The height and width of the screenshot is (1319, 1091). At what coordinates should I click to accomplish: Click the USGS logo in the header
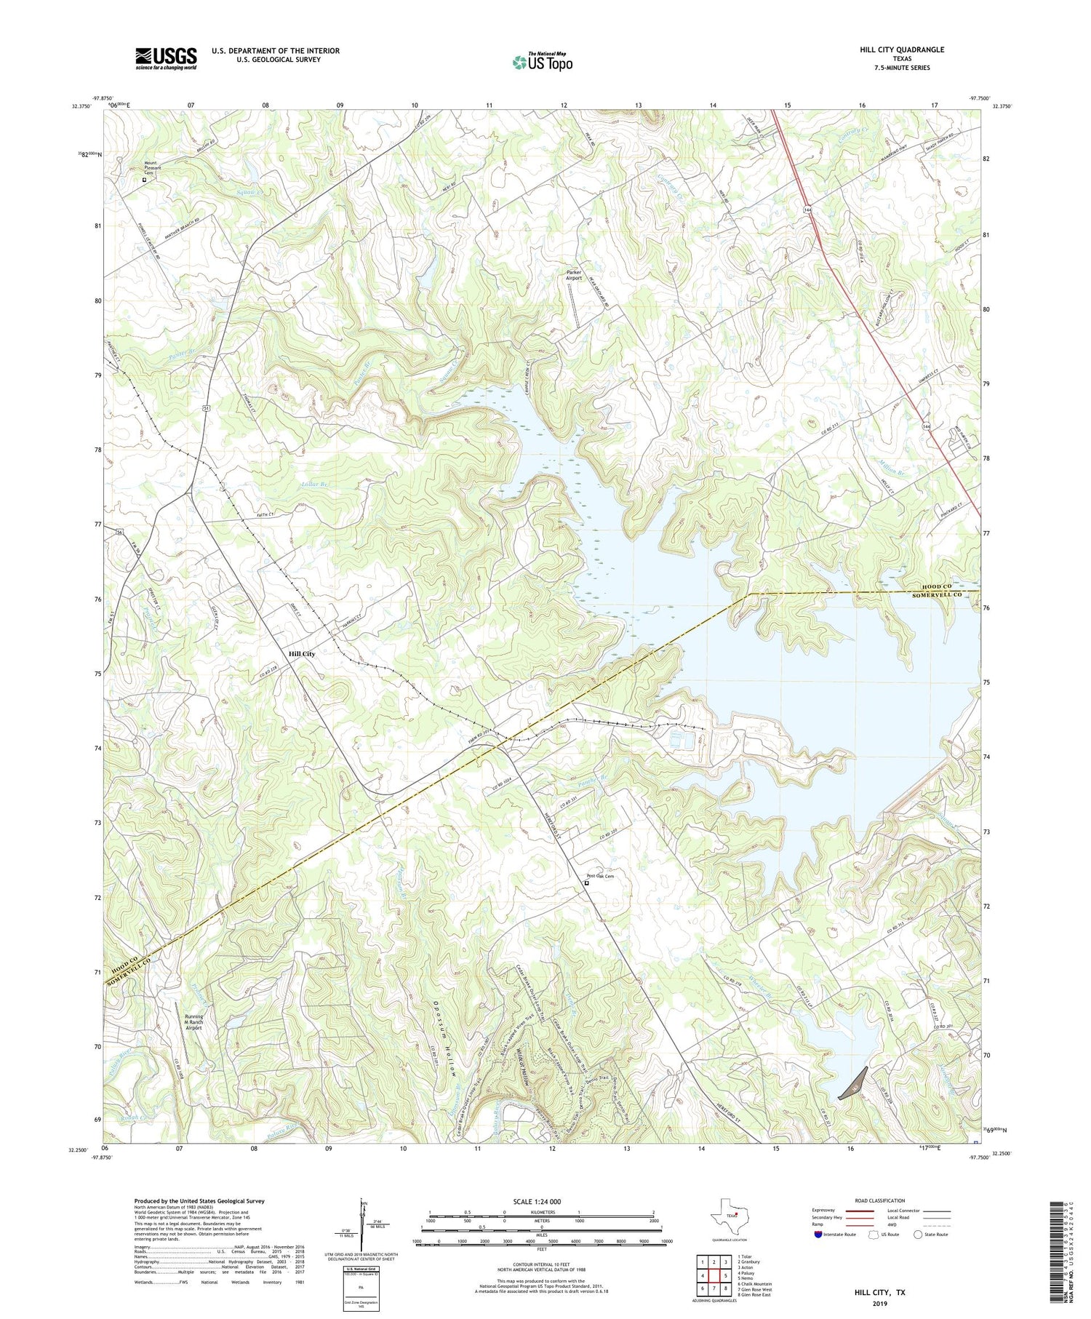pyautogui.click(x=166, y=58)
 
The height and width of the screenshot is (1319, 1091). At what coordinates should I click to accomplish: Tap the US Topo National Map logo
pyautogui.click(x=543, y=62)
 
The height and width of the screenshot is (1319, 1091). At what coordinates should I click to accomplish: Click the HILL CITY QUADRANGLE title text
pyautogui.click(x=901, y=49)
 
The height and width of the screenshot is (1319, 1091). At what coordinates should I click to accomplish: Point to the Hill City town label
pyautogui.click(x=302, y=653)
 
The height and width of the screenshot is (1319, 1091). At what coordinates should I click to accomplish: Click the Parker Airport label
pyautogui.click(x=574, y=275)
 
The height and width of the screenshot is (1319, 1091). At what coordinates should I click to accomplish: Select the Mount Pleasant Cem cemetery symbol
pyautogui.click(x=144, y=179)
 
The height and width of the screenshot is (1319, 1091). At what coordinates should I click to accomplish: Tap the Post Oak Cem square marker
pyautogui.click(x=586, y=883)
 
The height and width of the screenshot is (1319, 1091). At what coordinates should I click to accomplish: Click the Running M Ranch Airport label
pyautogui.click(x=193, y=1022)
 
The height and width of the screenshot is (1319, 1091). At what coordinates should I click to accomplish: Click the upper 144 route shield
pyautogui.click(x=808, y=210)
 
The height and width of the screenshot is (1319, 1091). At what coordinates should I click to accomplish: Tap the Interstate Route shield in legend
pyautogui.click(x=820, y=1235)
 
